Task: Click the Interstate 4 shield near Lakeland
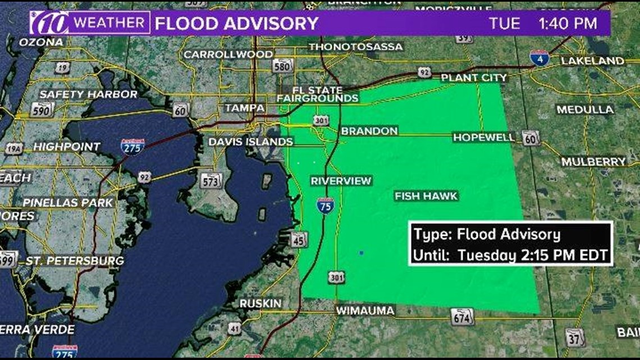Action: pyautogui.click(x=539, y=58)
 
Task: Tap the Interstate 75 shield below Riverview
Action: pyautogui.click(x=325, y=204)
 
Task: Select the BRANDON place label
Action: pyautogui.click(x=369, y=131)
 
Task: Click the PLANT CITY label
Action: pyautogui.click(x=474, y=78)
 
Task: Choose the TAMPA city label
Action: pyautogui.click(x=245, y=107)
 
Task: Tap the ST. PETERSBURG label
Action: pyautogui.click(x=75, y=261)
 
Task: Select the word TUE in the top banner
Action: pyautogui.click(x=501, y=24)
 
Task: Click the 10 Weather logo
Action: pyautogui.click(x=90, y=24)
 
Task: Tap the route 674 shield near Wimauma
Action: pyautogui.click(x=462, y=317)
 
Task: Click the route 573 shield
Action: pyautogui.click(x=212, y=180)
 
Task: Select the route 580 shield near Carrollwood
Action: pyautogui.click(x=283, y=66)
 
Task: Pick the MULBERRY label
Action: pyautogui.click(x=593, y=162)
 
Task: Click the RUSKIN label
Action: pyautogui.click(x=260, y=303)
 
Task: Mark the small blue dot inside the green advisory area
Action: pyautogui.click(x=361, y=253)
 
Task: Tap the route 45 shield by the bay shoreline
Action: pyautogui.click(x=299, y=239)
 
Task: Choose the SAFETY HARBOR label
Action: pyautogui.click(x=88, y=94)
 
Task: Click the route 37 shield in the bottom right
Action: pyautogui.click(x=574, y=338)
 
